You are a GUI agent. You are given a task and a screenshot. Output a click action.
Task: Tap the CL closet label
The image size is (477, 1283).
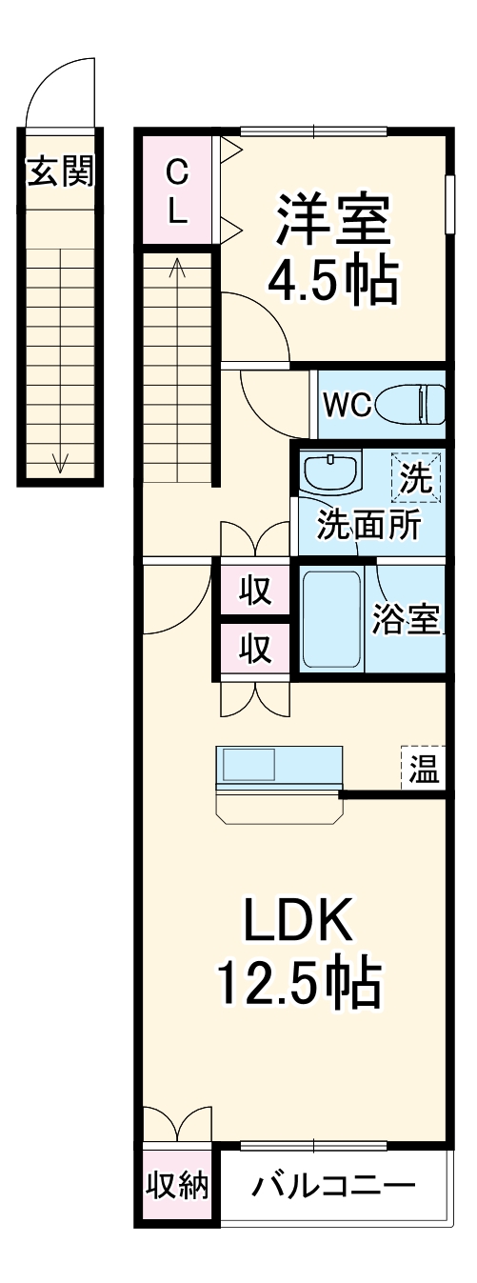[x=178, y=191]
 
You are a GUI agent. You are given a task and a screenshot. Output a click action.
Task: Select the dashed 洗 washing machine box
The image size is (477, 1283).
[x=417, y=477]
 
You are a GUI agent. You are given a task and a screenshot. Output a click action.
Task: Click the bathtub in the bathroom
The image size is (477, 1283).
[x=330, y=619]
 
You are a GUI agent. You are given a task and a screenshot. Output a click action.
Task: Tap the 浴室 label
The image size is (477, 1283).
[x=406, y=620]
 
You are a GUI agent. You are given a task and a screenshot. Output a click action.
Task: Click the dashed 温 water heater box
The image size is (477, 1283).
[x=422, y=767]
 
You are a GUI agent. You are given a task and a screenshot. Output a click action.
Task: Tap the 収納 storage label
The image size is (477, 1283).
[x=177, y=1186]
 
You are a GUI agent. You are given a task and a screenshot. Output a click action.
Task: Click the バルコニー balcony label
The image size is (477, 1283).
[x=334, y=1187]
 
